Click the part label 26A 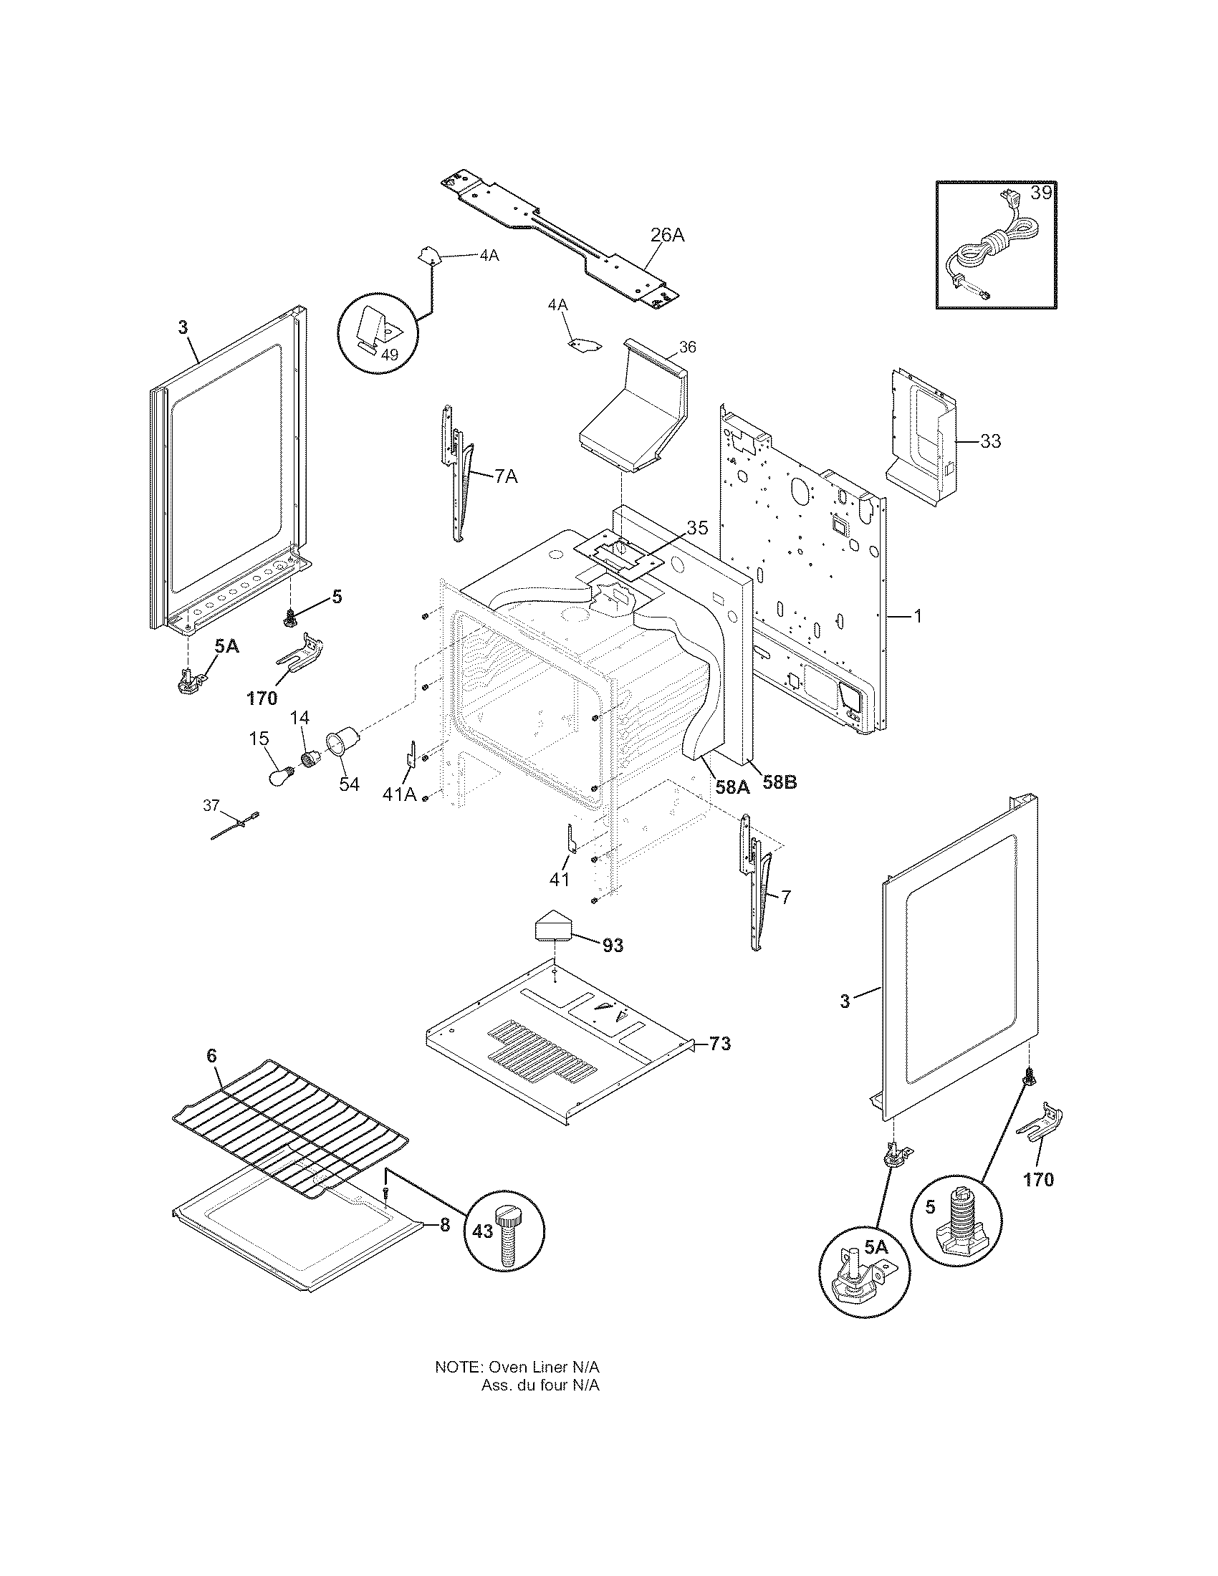click(x=667, y=234)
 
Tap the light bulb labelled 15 click(x=279, y=777)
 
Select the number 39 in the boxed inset click(x=1040, y=193)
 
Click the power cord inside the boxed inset click(x=989, y=253)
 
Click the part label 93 click(x=613, y=946)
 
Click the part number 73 click(x=719, y=1044)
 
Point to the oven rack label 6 click(x=211, y=1056)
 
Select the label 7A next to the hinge click(x=505, y=476)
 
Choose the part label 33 click(x=990, y=440)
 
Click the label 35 click(x=697, y=527)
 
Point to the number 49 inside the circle click(x=370, y=355)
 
